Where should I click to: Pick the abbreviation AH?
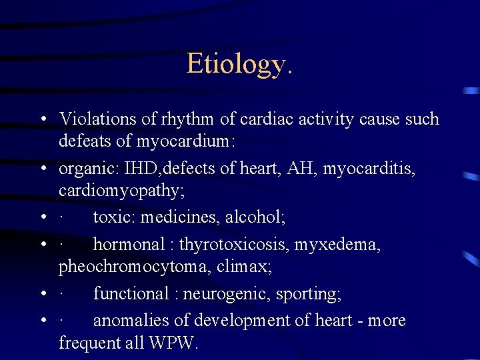tap(304, 169)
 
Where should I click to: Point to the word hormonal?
tap(127, 245)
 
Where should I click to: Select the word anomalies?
tap(131, 321)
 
